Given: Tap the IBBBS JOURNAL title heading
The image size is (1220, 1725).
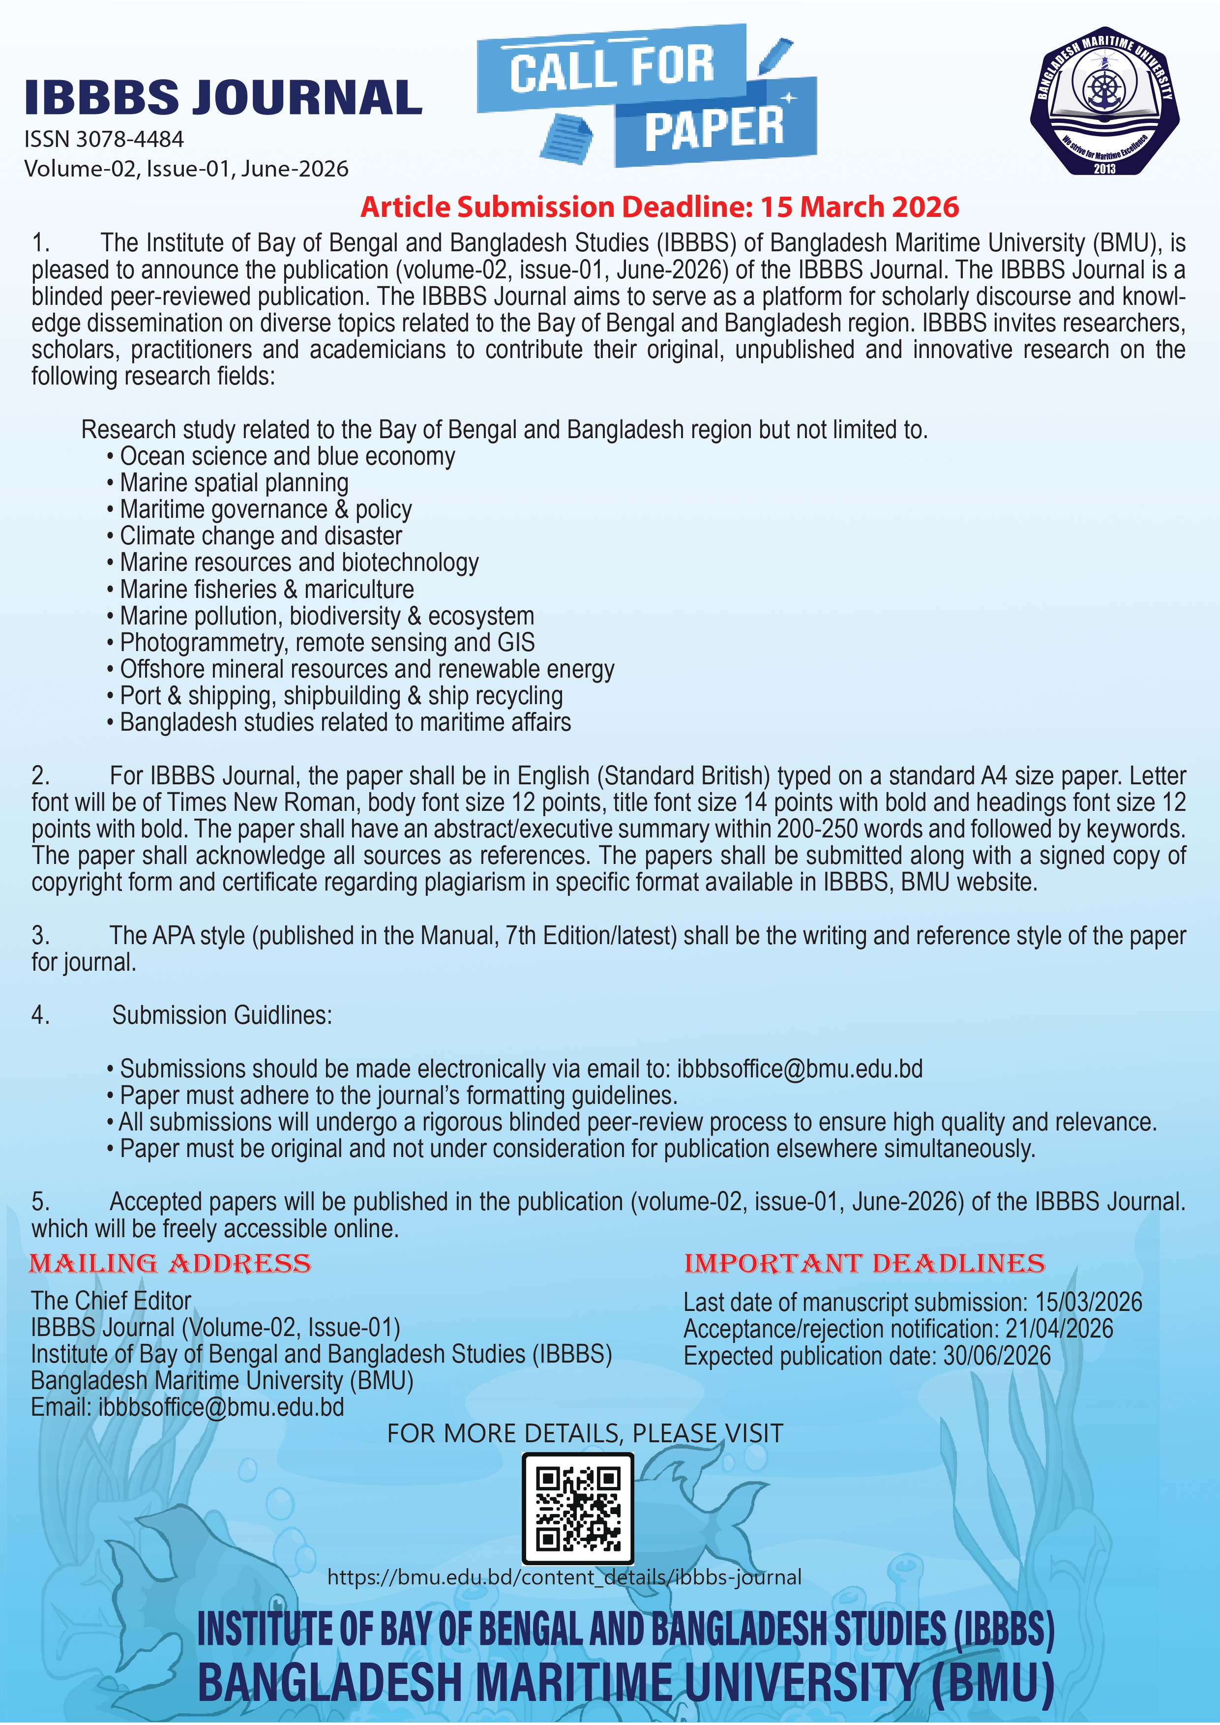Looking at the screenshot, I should [x=223, y=98].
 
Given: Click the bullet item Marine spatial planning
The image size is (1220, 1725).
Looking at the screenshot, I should [x=234, y=482].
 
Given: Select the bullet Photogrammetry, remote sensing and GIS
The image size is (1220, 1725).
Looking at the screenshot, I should [x=327, y=642].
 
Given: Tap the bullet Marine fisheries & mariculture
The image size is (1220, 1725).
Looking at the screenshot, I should [x=267, y=589].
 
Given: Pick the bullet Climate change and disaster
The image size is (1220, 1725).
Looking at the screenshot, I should [x=261, y=535].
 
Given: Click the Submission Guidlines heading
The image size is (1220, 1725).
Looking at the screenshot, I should [x=222, y=1015].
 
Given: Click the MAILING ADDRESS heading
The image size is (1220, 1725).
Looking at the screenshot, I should [x=170, y=1264].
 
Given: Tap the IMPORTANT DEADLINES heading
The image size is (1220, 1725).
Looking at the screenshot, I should [x=864, y=1264].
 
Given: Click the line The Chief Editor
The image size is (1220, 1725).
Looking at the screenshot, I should [x=111, y=1301].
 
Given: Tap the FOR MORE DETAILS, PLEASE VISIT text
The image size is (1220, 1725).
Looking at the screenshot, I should [x=585, y=1433].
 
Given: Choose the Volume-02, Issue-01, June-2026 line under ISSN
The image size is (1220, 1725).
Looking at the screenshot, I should [x=186, y=168].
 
